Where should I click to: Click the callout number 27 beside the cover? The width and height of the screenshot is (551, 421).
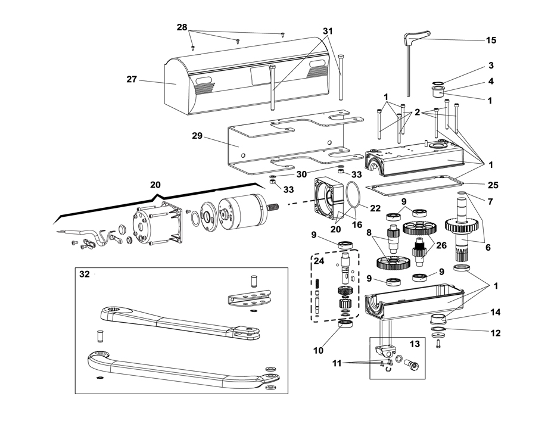pyautogui.click(x=132, y=79)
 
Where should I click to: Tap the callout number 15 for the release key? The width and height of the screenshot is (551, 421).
pyautogui.click(x=491, y=40)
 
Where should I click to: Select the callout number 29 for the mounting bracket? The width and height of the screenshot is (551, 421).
pyautogui.click(x=197, y=135)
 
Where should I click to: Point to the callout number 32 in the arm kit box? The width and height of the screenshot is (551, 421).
pyautogui.click(x=85, y=274)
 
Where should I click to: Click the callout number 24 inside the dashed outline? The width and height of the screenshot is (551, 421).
pyautogui.click(x=319, y=261)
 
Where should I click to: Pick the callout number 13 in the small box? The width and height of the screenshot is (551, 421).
pyautogui.click(x=415, y=344)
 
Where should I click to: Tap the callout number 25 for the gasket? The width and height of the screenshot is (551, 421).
pyautogui.click(x=493, y=185)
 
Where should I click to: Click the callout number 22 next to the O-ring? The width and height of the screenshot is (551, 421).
pyautogui.click(x=375, y=208)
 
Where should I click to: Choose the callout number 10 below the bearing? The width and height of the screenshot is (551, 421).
pyautogui.click(x=318, y=350)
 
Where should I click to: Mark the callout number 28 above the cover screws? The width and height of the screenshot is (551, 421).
pyautogui.click(x=182, y=27)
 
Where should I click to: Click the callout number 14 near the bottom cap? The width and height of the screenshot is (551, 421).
pyautogui.click(x=496, y=312)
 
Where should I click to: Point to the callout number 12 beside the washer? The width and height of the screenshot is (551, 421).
pyautogui.click(x=496, y=332)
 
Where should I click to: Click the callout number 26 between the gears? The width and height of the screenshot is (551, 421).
pyautogui.click(x=441, y=245)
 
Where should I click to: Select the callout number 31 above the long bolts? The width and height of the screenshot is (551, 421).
pyautogui.click(x=328, y=31)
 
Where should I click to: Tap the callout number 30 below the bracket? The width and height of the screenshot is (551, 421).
pyautogui.click(x=301, y=174)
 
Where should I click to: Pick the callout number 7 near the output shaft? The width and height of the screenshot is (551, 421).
pyautogui.click(x=490, y=201)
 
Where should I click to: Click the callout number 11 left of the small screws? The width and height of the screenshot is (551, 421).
pyautogui.click(x=337, y=363)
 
